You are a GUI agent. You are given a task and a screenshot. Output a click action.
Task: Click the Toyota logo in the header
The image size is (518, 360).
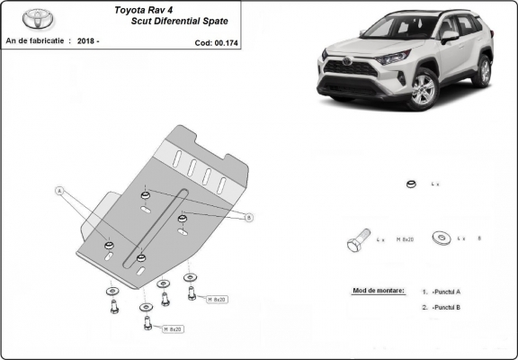(x=39, y=17)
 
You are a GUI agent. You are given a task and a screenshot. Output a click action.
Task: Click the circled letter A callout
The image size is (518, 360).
(x=60, y=191)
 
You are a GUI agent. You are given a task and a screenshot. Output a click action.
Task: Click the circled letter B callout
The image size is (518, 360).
(x=249, y=217)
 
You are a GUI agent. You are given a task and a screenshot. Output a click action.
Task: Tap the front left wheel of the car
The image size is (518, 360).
(x=422, y=89)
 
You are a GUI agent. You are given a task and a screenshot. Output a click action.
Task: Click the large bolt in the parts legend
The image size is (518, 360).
(x=355, y=242)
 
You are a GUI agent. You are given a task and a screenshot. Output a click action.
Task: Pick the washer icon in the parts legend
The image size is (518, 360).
(x=442, y=238)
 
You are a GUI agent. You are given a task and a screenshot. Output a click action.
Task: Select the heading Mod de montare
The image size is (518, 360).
(x=374, y=292)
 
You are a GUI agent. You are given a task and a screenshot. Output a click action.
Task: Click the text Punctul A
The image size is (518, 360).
(x=447, y=292)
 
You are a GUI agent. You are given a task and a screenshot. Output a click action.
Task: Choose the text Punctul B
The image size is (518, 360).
(x=447, y=308)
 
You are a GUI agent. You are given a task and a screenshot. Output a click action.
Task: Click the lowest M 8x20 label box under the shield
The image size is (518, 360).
(x=173, y=329)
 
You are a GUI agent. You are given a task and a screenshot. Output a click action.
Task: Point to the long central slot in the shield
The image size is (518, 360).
(x=162, y=226)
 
